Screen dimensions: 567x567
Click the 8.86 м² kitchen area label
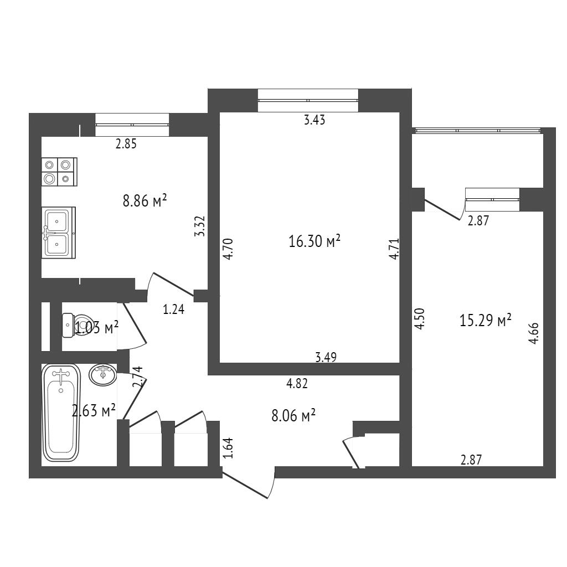click(145, 200)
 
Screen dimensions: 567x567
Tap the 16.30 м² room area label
click(315, 241)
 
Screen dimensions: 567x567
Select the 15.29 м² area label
click(485, 320)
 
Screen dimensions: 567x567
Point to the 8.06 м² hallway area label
click(293, 415)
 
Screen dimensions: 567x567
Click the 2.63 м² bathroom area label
click(94, 410)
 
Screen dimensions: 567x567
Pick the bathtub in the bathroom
click(61, 413)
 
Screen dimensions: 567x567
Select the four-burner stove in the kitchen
click(59, 172)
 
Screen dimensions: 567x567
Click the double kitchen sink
click(59, 233)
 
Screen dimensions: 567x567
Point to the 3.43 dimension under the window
click(315, 120)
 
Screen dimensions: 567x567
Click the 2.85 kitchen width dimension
click(126, 144)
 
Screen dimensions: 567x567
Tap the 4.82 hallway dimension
click(297, 383)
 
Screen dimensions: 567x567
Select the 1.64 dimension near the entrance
click(229, 447)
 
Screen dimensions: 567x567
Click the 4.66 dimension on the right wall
click(533, 333)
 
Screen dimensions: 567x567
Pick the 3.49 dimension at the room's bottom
click(326, 357)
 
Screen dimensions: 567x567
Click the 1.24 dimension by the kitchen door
click(173, 310)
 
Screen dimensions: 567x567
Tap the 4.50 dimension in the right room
click(419, 318)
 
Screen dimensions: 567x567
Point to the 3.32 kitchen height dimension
click(199, 226)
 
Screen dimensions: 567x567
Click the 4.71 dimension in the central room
click(394, 249)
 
